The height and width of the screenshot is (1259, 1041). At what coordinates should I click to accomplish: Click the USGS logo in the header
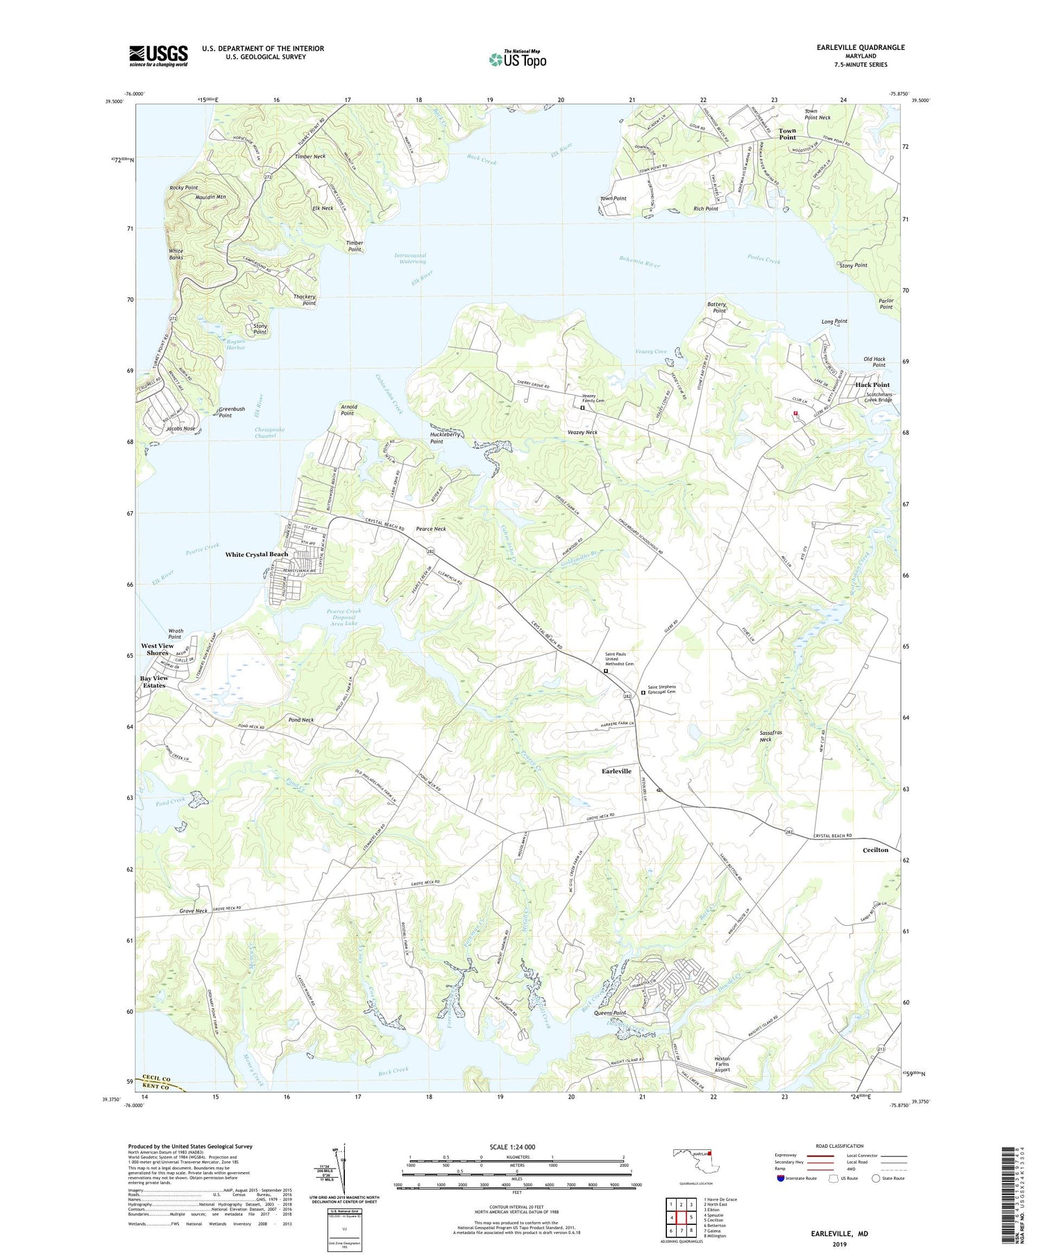[x=158, y=56]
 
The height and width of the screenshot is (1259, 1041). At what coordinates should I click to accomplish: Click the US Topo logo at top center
[x=517, y=59]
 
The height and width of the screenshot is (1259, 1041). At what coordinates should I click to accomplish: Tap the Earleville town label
[x=616, y=771]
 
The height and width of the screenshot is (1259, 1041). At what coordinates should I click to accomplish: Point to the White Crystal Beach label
[x=256, y=554]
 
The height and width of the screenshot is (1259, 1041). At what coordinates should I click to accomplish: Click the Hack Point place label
[x=872, y=385]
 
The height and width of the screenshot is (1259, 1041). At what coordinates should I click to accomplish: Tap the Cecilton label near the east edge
[x=875, y=850]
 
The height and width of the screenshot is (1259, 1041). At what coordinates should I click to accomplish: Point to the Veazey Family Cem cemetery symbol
[x=582, y=408]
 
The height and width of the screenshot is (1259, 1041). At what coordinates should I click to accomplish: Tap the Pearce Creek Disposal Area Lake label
[x=344, y=617]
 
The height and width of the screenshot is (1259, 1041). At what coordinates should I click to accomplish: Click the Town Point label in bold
[x=787, y=133]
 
